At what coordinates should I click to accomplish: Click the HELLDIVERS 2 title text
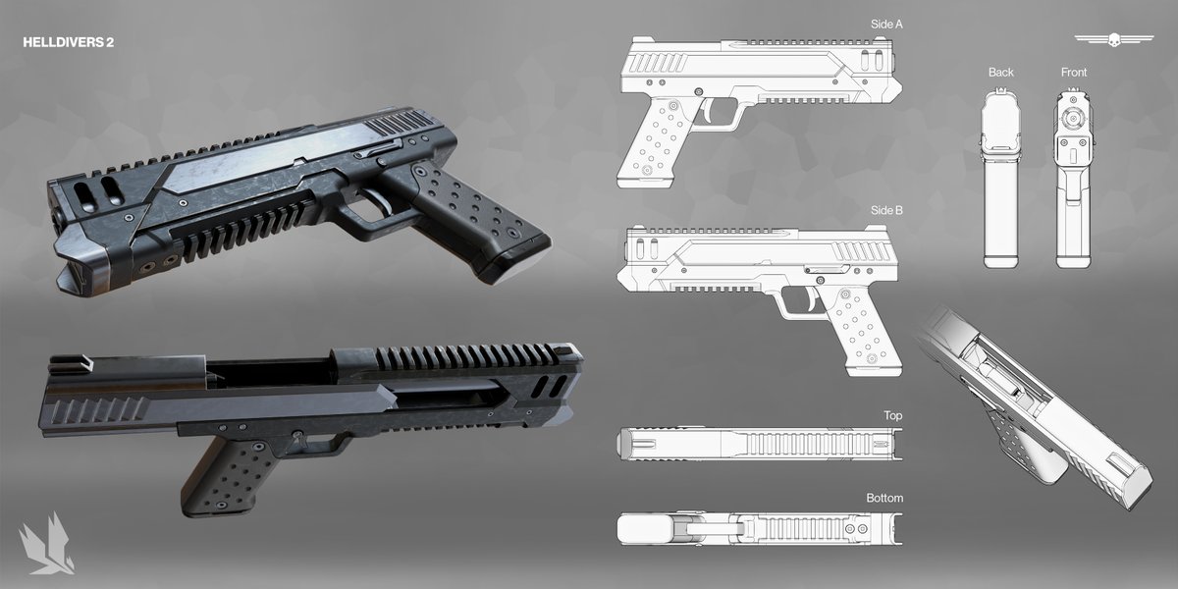[x=69, y=42]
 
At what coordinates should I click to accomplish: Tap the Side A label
[x=886, y=25]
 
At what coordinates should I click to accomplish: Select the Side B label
[x=886, y=210]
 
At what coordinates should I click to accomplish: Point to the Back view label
[x=1000, y=73]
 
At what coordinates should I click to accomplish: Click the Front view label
[x=1073, y=73]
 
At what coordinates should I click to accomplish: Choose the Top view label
[x=892, y=415]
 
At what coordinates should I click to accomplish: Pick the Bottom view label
[x=884, y=498]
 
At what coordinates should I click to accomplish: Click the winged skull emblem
[x=1114, y=39]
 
